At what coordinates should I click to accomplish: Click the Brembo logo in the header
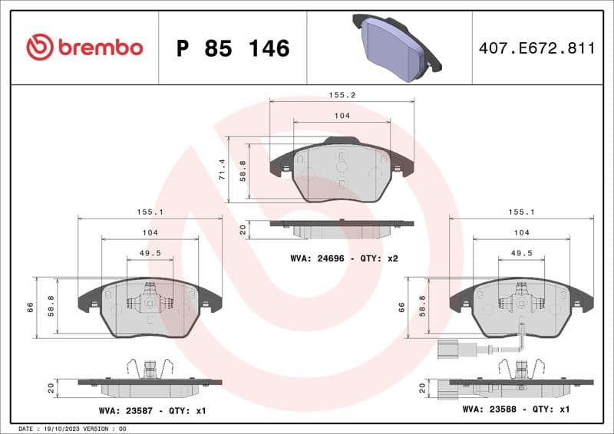(84, 48)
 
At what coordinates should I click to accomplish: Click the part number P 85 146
(233, 48)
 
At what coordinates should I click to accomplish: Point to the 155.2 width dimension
(342, 96)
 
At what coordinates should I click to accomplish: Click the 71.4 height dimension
(223, 169)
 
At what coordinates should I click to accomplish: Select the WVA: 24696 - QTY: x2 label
(344, 258)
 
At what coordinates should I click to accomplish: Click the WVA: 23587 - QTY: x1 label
(152, 411)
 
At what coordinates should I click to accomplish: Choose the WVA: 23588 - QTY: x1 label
(515, 409)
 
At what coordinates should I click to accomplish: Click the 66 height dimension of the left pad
(31, 307)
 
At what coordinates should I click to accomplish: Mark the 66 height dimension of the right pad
(401, 307)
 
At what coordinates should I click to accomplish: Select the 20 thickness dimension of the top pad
(243, 229)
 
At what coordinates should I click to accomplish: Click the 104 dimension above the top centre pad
(342, 116)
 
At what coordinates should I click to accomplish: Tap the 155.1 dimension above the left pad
(150, 212)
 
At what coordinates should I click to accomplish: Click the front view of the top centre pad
(342, 173)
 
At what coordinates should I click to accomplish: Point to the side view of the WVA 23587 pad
(150, 380)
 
